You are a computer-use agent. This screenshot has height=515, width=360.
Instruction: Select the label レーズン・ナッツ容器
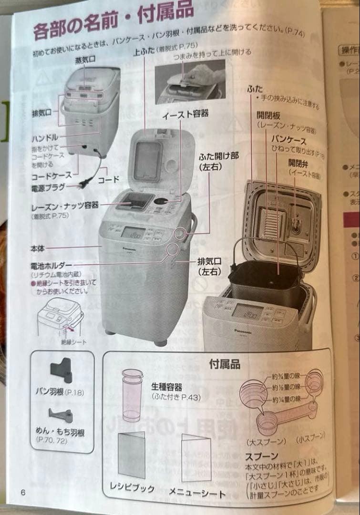coord(65,206)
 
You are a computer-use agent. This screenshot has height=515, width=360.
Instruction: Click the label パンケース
coord(289,139)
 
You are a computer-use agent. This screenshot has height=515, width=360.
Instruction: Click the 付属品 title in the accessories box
coord(224,365)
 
